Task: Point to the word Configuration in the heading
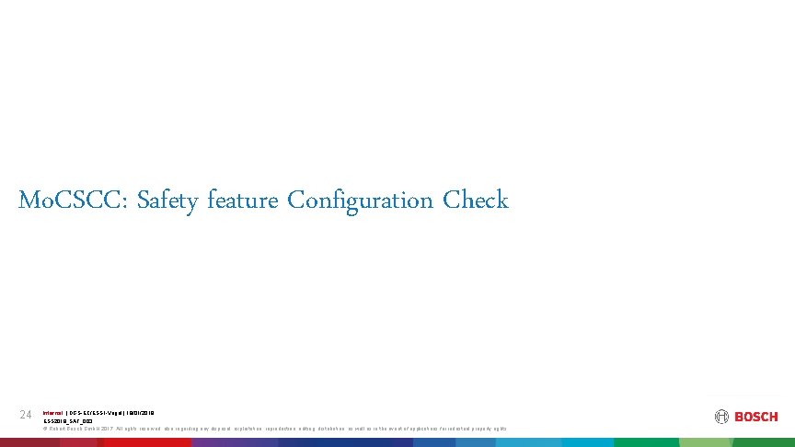(x=361, y=201)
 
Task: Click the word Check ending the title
(x=476, y=201)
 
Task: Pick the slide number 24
(x=26, y=416)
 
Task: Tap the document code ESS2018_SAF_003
(x=68, y=420)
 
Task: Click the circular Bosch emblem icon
(x=721, y=417)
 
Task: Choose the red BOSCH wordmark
(x=755, y=417)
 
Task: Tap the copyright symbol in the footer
(x=45, y=429)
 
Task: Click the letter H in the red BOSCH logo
(x=773, y=417)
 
